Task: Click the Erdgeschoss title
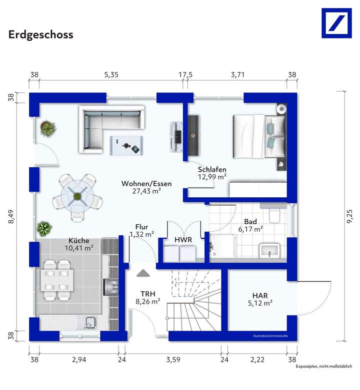(x=40, y=34)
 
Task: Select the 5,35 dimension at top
(x=111, y=75)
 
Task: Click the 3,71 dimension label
(x=237, y=75)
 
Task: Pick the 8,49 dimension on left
(x=11, y=217)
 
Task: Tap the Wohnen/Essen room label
(x=146, y=184)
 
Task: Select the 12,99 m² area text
(x=212, y=176)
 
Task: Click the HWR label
(x=183, y=240)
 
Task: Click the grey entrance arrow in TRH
(x=143, y=273)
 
